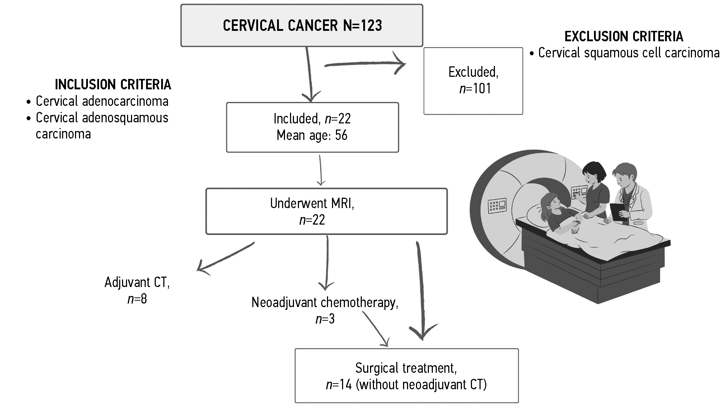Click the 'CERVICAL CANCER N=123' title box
(x=301, y=25)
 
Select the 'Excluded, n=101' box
(x=473, y=81)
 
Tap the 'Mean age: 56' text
(x=312, y=135)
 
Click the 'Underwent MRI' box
(x=326, y=211)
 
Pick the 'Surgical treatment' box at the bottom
(x=406, y=376)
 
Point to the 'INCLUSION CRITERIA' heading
(x=113, y=85)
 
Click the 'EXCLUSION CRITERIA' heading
(x=624, y=37)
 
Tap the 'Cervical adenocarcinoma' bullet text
(x=102, y=101)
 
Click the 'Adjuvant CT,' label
(x=137, y=282)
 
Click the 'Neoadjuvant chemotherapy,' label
(x=325, y=302)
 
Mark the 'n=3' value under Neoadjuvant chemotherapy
(x=325, y=319)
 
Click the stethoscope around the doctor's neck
(x=631, y=196)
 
